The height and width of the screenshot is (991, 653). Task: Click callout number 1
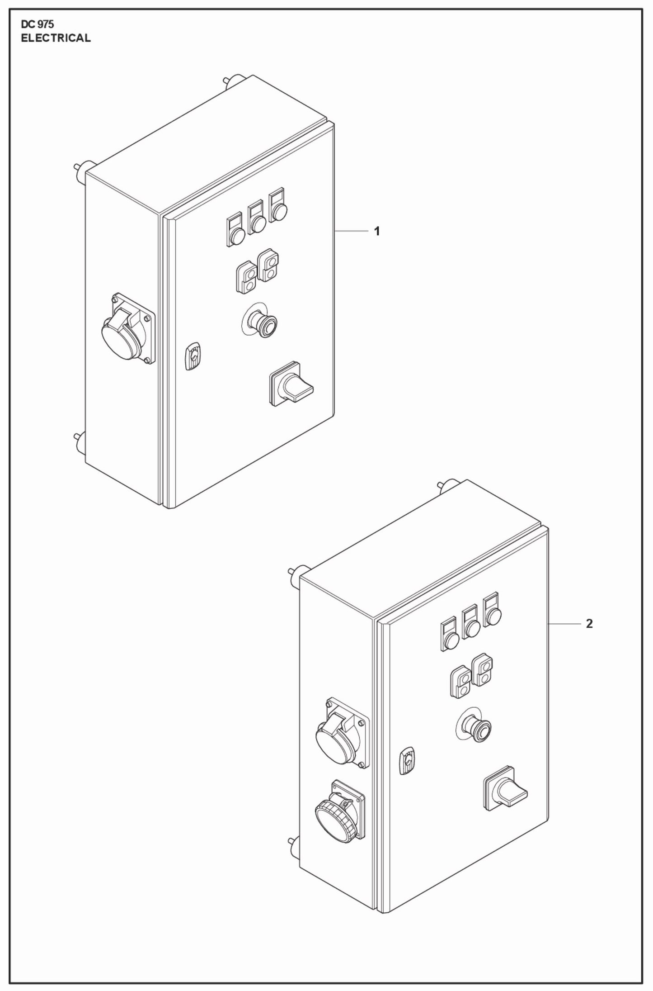pos(377,232)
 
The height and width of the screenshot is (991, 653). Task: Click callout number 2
pos(589,624)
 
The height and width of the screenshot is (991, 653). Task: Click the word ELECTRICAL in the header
pos(56,38)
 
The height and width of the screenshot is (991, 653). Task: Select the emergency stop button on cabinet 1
pos(261,322)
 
